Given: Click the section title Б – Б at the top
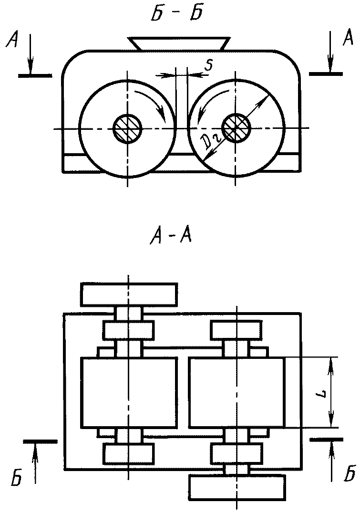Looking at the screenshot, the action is point(176,14).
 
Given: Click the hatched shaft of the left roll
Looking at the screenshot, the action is point(127,128).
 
